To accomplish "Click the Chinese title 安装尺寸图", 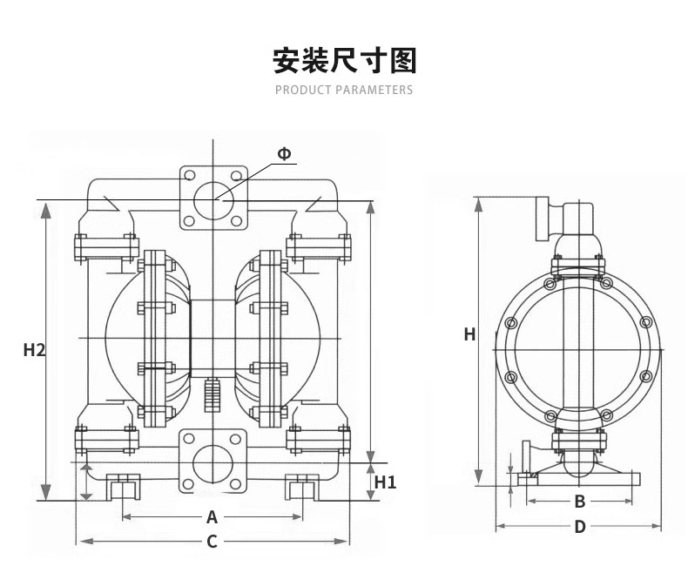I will coord(344,62).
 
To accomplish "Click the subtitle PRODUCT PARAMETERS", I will coord(344,90).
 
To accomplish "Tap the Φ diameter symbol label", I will coord(285,154).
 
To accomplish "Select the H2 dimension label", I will coord(34,350).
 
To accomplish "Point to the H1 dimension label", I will coord(385,482).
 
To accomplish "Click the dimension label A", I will coord(212,517).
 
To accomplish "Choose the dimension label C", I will coord(212,542).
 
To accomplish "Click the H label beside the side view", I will coord(469,334).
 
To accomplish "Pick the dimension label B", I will coord(578,502).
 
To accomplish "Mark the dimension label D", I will coord(579,527).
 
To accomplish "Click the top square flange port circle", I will coord(212,199).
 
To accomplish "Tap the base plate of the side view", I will coord(578,477).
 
